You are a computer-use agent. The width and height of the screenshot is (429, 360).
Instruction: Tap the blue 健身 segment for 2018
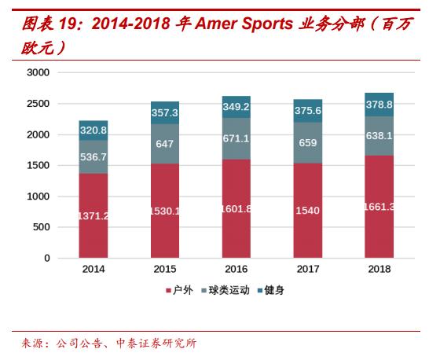tap(379, 105)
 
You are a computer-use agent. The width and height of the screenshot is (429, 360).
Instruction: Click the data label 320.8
tap(93, 130)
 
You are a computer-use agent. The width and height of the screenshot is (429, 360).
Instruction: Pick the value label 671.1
tap(236, 138)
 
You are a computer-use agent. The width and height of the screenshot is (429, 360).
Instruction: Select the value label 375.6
tap(308, 111)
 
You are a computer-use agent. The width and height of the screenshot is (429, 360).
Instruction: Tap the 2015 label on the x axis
tap(165, 270)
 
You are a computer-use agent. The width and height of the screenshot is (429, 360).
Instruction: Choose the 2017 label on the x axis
tap(308, 270)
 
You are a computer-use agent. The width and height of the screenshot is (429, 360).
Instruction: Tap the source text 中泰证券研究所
tap(156, 343)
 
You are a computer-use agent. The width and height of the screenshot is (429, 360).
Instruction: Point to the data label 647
tap(165, 144)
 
